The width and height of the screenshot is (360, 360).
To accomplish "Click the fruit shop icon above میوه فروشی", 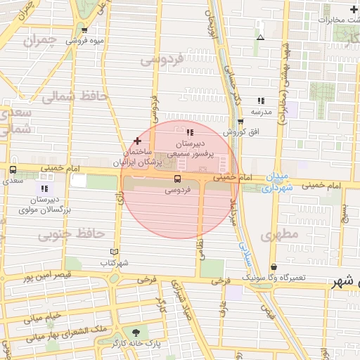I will point(85,30).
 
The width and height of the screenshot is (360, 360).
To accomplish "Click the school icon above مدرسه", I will point(261,101).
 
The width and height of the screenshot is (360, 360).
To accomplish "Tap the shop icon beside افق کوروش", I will point(240,121).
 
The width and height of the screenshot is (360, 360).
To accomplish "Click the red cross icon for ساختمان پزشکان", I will point(137,141).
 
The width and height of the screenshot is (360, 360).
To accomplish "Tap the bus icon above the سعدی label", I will point(13,170).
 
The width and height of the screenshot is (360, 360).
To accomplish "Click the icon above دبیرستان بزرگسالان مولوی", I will point(44,188).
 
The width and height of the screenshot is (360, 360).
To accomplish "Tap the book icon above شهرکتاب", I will point(115,252).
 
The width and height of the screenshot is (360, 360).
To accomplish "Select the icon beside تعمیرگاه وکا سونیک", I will point(273,267).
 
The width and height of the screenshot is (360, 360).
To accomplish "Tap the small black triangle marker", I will point(261,37).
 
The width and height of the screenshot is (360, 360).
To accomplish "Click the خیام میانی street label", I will point(44,318).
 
